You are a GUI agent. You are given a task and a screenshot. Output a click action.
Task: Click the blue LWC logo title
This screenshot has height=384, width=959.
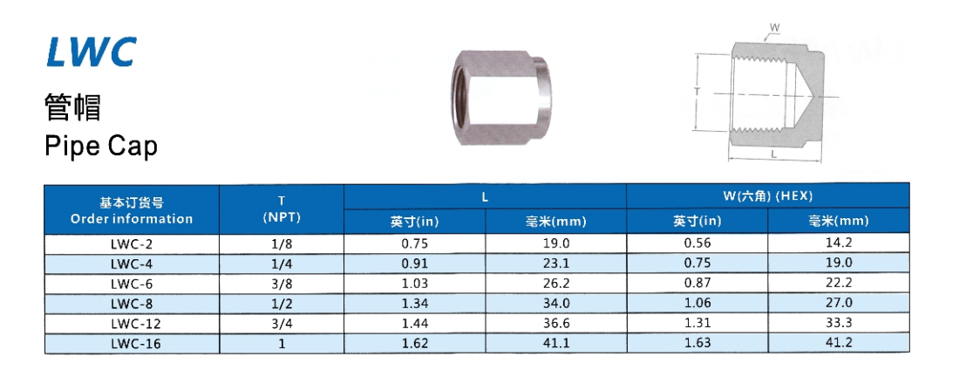click(x=92, y=52)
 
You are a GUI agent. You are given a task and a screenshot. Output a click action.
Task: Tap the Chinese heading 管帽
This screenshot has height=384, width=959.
click(x=72, y=107)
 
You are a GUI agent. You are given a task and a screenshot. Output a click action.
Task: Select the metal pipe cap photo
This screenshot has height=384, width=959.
click(x=497, y=98)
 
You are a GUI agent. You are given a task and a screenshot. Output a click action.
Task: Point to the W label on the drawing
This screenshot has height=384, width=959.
click(x=773, y=28)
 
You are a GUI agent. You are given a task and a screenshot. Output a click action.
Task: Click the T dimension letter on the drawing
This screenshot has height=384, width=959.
click(x=697, y=90)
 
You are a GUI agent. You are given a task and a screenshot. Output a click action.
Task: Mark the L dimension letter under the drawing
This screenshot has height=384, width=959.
click(x=774, y=154)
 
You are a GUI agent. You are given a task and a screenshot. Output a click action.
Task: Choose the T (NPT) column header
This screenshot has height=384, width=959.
click(x=282, y=209)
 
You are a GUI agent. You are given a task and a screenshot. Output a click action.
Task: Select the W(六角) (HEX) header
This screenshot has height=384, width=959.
click(x=767, y=196)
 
